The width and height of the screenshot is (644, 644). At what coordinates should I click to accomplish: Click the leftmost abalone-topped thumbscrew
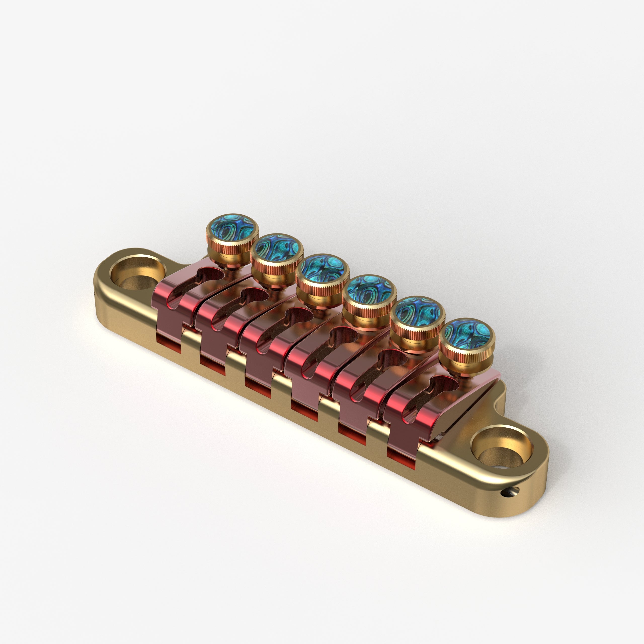tap(232, 228)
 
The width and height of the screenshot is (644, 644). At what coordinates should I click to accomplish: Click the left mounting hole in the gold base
tap(137, 276)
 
